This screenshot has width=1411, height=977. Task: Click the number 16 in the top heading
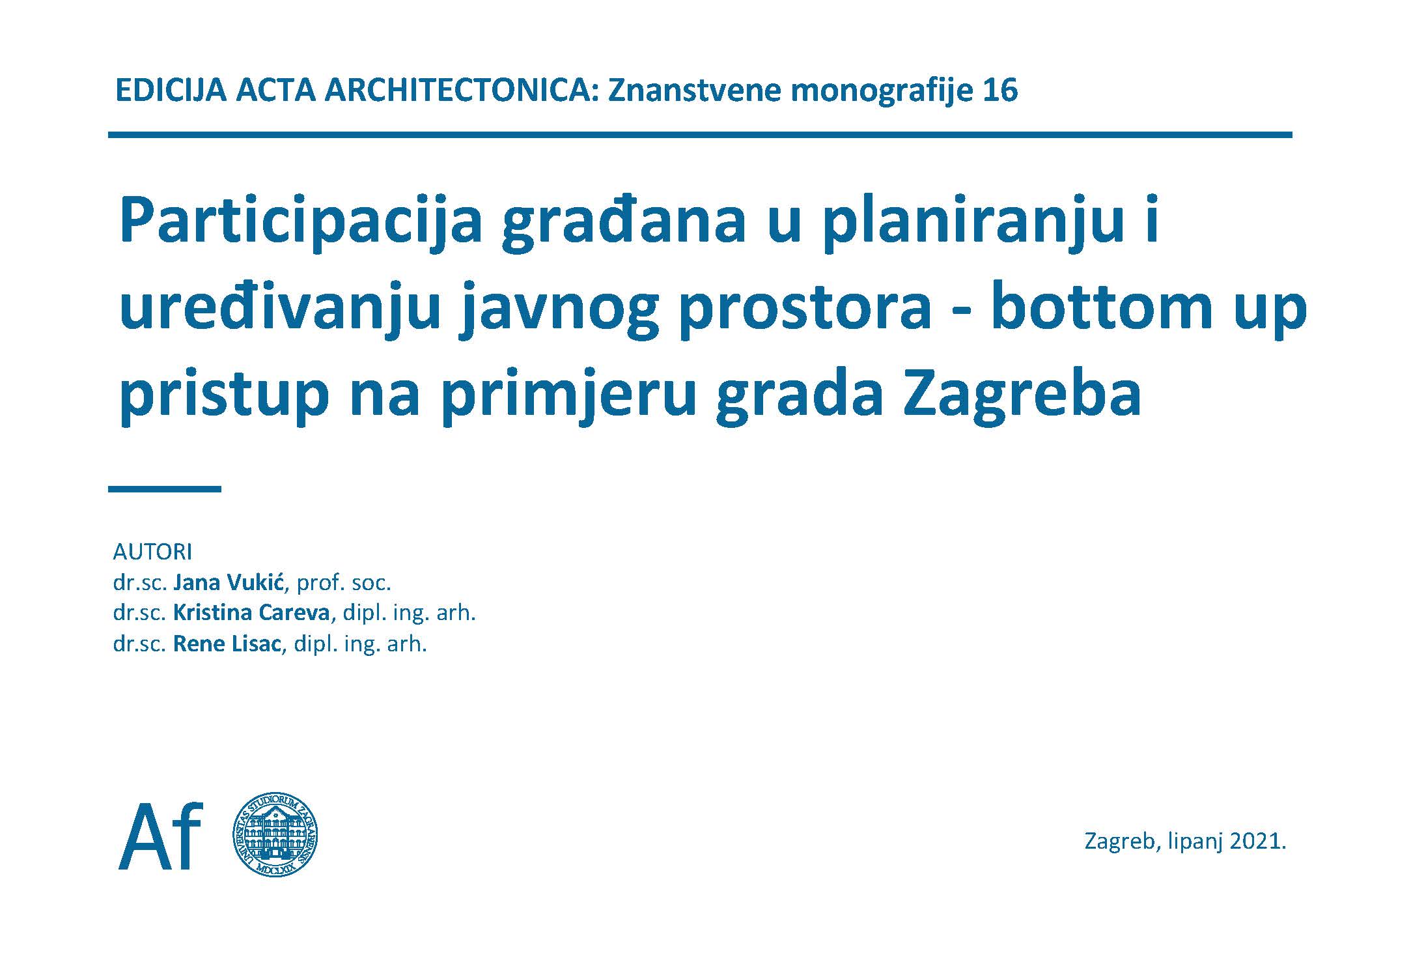(x=1000, y=91)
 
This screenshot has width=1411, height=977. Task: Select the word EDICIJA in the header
(x=170, y=91)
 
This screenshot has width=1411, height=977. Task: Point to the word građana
(x=622, y=223)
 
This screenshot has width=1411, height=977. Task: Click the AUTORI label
(x=152, y=552)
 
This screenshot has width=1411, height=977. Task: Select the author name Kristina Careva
(x=251, y=613)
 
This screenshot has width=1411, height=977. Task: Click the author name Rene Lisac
(x=227, y=644)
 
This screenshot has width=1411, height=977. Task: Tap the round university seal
(x=275, y=836)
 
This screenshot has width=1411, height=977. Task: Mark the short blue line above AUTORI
(x=165, y=488)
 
